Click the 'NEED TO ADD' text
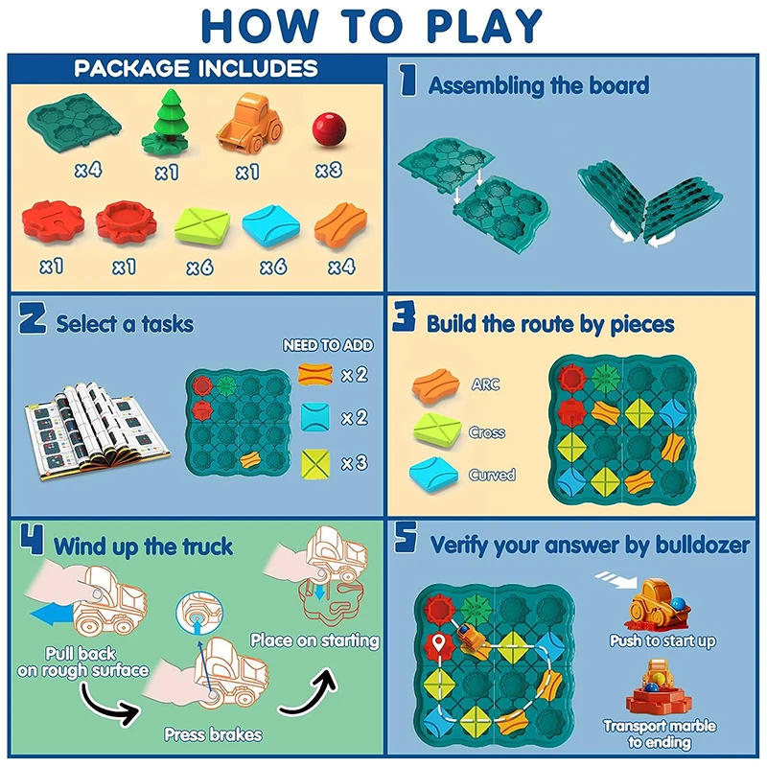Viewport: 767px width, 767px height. coord(328,345)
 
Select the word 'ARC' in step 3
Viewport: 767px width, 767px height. coord(485,384)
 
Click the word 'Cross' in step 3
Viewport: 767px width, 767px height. coord(487,431)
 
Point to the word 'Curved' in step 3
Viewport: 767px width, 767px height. coord(492,475)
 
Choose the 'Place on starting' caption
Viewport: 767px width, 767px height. coord(314,639)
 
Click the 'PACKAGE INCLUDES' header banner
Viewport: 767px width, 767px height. coord(196,68)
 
